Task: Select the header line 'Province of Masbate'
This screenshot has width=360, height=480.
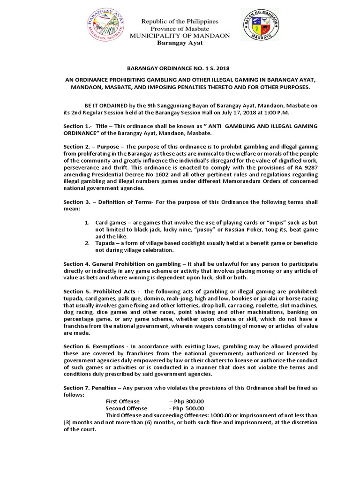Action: (x=180, y=29)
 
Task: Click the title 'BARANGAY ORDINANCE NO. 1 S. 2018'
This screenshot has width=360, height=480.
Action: (x=180, y=68)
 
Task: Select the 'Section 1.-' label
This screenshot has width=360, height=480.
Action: (x=78, y=127)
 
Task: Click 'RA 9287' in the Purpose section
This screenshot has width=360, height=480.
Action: (x=306, y=167)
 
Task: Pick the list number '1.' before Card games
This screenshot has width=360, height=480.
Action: (x=87, y=222)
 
